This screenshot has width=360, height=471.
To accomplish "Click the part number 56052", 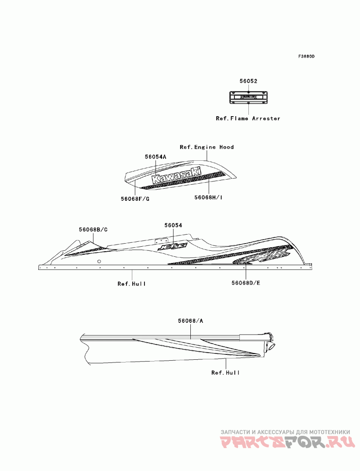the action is (x=248, y=81).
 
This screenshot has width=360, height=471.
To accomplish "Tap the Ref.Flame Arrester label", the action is (x=247, y=118).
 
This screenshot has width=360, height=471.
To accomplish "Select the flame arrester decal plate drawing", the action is (x=248, y=96).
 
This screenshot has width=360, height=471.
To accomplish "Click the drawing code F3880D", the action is (x=306, y=57).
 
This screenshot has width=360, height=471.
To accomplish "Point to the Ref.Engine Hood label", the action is (x=207, y=147).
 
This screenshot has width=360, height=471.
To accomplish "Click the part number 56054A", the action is (x=156, y=156).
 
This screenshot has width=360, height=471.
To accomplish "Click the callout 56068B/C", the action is (x=93, y=230).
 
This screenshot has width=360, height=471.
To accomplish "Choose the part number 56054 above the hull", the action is (x=173, y=225).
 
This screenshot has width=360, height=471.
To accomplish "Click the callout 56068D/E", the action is (x=246, y=283).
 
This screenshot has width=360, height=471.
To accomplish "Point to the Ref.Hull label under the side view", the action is (x=132, y=284).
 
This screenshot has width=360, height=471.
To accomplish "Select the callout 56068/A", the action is (x=191, y=321).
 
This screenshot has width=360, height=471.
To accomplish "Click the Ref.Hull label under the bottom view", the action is (x=225, y=373).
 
